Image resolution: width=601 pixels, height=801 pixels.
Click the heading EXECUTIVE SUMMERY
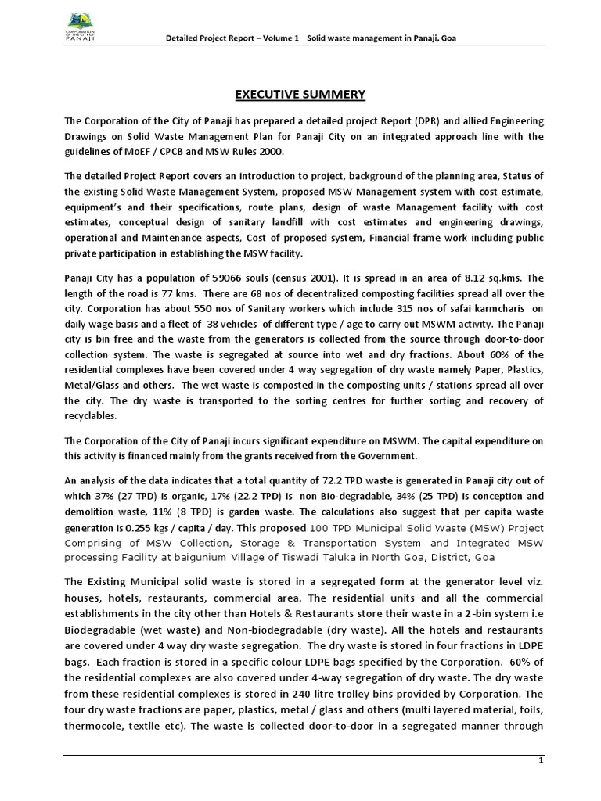point(300,95)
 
